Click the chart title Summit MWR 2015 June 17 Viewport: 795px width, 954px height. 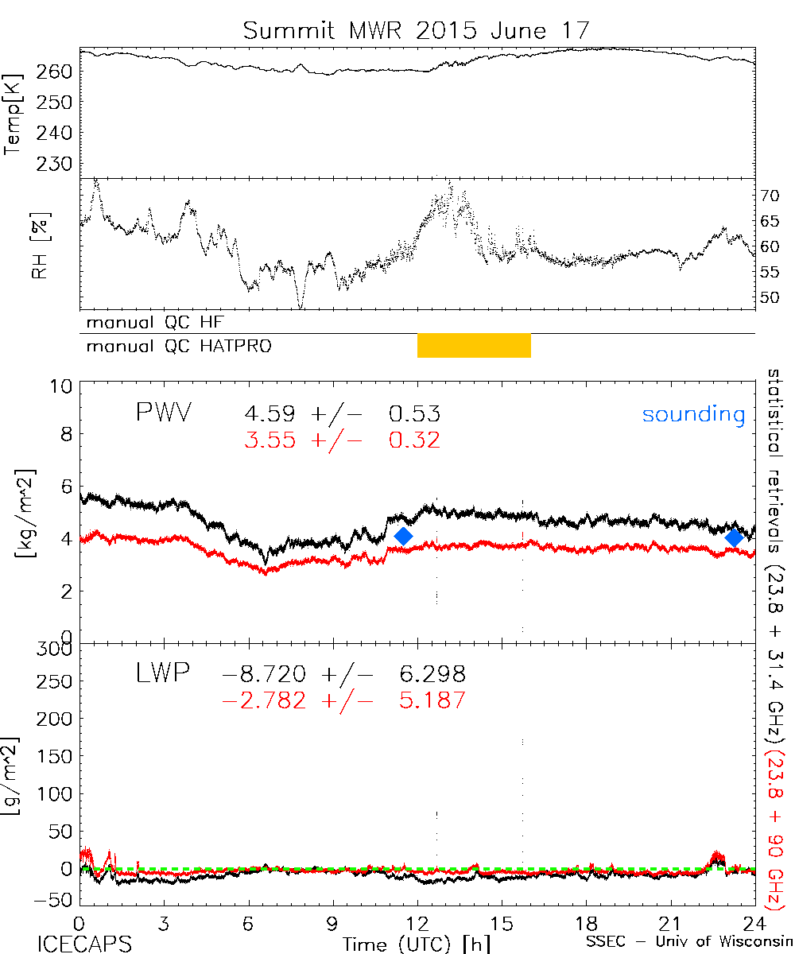[417, 31]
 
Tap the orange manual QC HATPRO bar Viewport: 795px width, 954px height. [474, 346]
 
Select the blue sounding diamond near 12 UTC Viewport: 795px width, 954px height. [404, 537]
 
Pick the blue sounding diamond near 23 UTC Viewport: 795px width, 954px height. [734, 538]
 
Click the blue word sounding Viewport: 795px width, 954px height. [693, 414]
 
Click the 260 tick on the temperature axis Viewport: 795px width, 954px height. [59, 72]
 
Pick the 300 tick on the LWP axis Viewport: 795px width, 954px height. [57, 650]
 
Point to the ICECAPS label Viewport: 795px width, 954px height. [83, 943]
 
